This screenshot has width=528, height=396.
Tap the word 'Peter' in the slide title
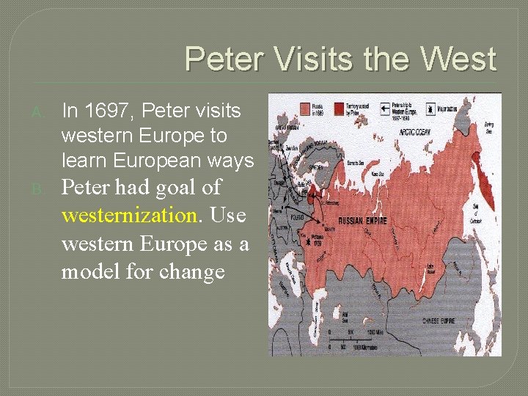[x=219, y=59]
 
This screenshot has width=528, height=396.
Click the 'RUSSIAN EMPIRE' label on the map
[x=362, y=219]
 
